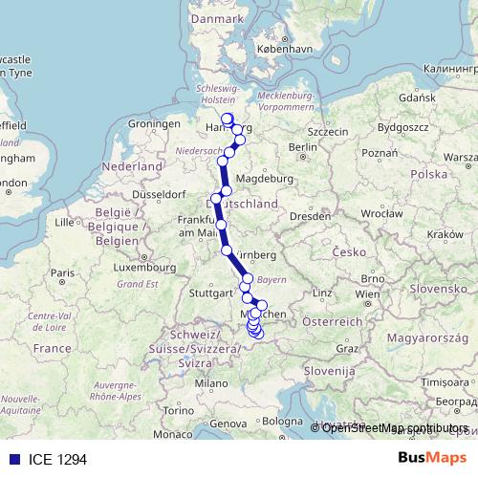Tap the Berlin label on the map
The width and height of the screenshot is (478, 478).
(x=302, y=146)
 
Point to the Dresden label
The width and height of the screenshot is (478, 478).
(x=311, y=216)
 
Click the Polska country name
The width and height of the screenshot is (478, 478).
(x=427, y=174)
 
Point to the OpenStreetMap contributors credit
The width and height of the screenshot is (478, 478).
(x=396, y=427)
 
